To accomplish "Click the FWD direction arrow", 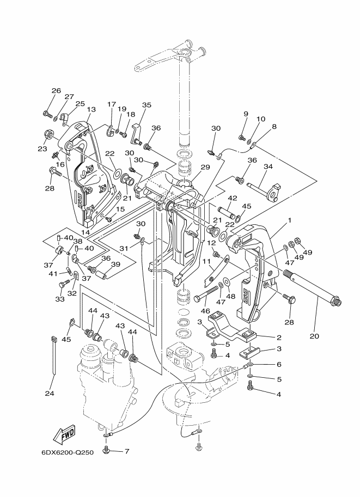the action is [x=64, y=434].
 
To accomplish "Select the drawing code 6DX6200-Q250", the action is [x=68, y=452].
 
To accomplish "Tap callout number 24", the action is [x=50, y=394].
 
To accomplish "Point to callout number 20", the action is [x=314, y=336].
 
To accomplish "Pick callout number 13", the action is [x=91, y=109].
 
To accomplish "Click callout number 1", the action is [x=289, y=220].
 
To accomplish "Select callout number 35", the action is [x=147, y=105].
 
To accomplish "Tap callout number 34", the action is [x=268, y=167].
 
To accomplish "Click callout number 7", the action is [x=126, y=451].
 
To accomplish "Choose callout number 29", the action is [x=205, y=167].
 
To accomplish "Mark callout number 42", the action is [x=233, y=199].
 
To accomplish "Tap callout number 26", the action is [x=56, y=91].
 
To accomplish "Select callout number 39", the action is [x=116, y=264].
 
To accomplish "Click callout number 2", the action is [x=279, y=338].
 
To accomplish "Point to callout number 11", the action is [x=206, y=261].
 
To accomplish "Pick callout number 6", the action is [x=279, y=365].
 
